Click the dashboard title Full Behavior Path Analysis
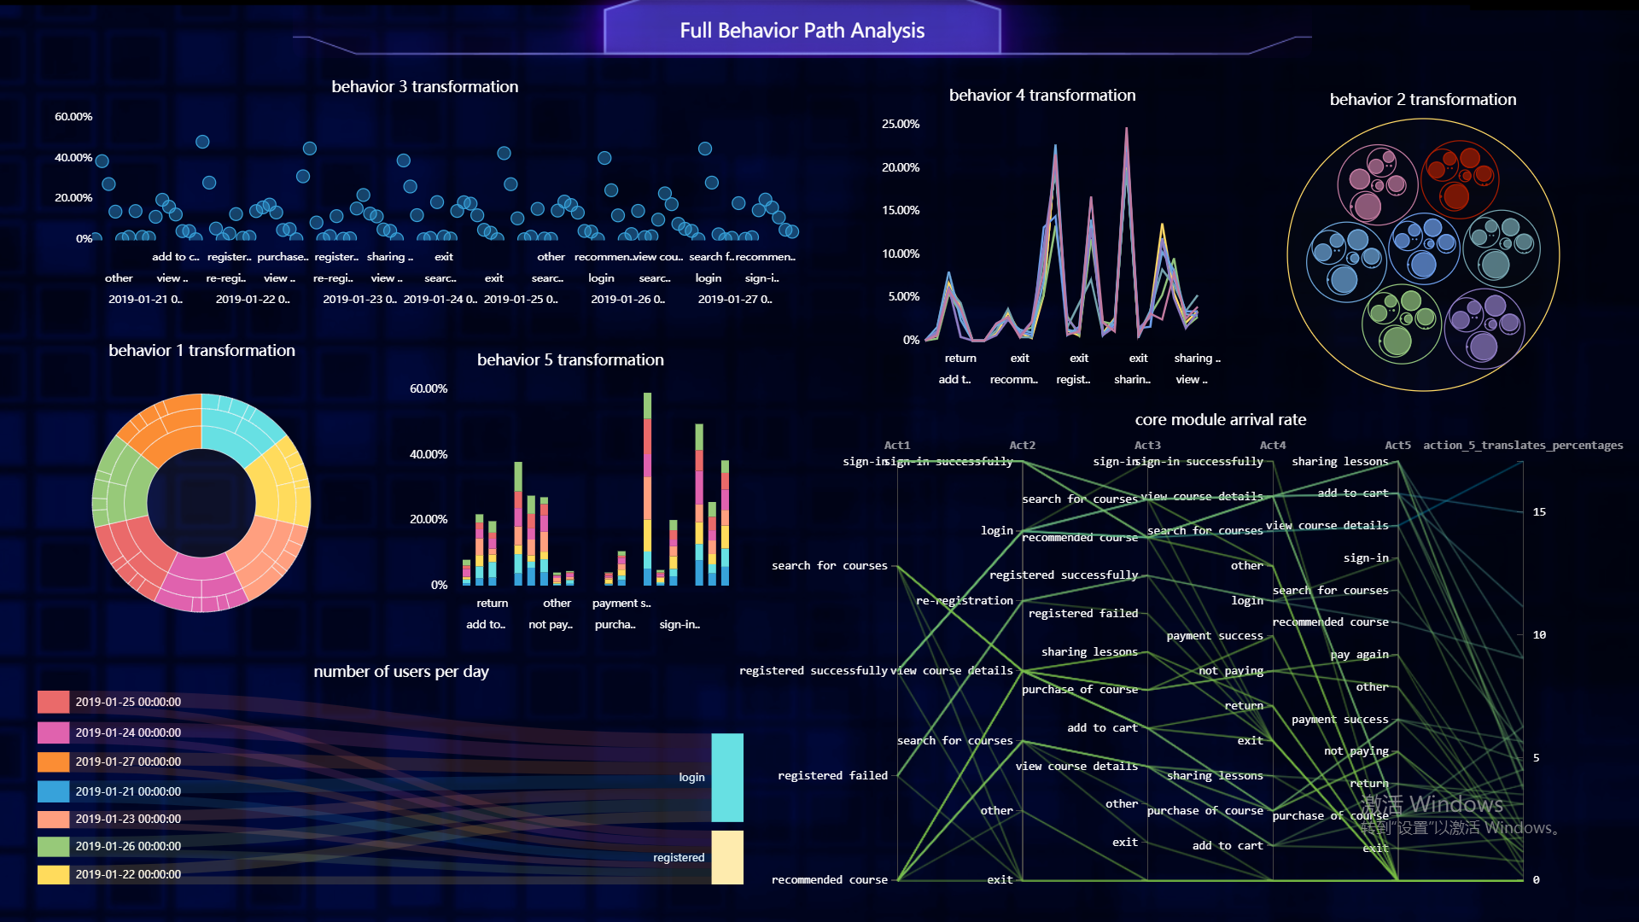[802, 31]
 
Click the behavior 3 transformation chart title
[424, 86]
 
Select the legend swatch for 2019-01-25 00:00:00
[53, 702]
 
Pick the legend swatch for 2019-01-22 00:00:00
[53, 874]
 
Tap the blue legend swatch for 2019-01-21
[53, 791]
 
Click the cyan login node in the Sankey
[727, 777]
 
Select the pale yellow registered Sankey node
[727, 857]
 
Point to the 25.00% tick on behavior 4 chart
[901, 124]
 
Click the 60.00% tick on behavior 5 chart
[429, 388]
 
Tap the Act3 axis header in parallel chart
[1147, 445]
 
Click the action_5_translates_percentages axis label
[1523, 445]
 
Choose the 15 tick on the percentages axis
[1539, 512]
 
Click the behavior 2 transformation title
[1422, 99]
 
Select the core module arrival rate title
[1220, 419]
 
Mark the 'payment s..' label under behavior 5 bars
[621, 603]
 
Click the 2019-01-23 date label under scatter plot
[359, 299]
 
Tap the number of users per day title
[401, 671]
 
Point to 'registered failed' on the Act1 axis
[832, 775]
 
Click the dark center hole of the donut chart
[201, 503]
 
